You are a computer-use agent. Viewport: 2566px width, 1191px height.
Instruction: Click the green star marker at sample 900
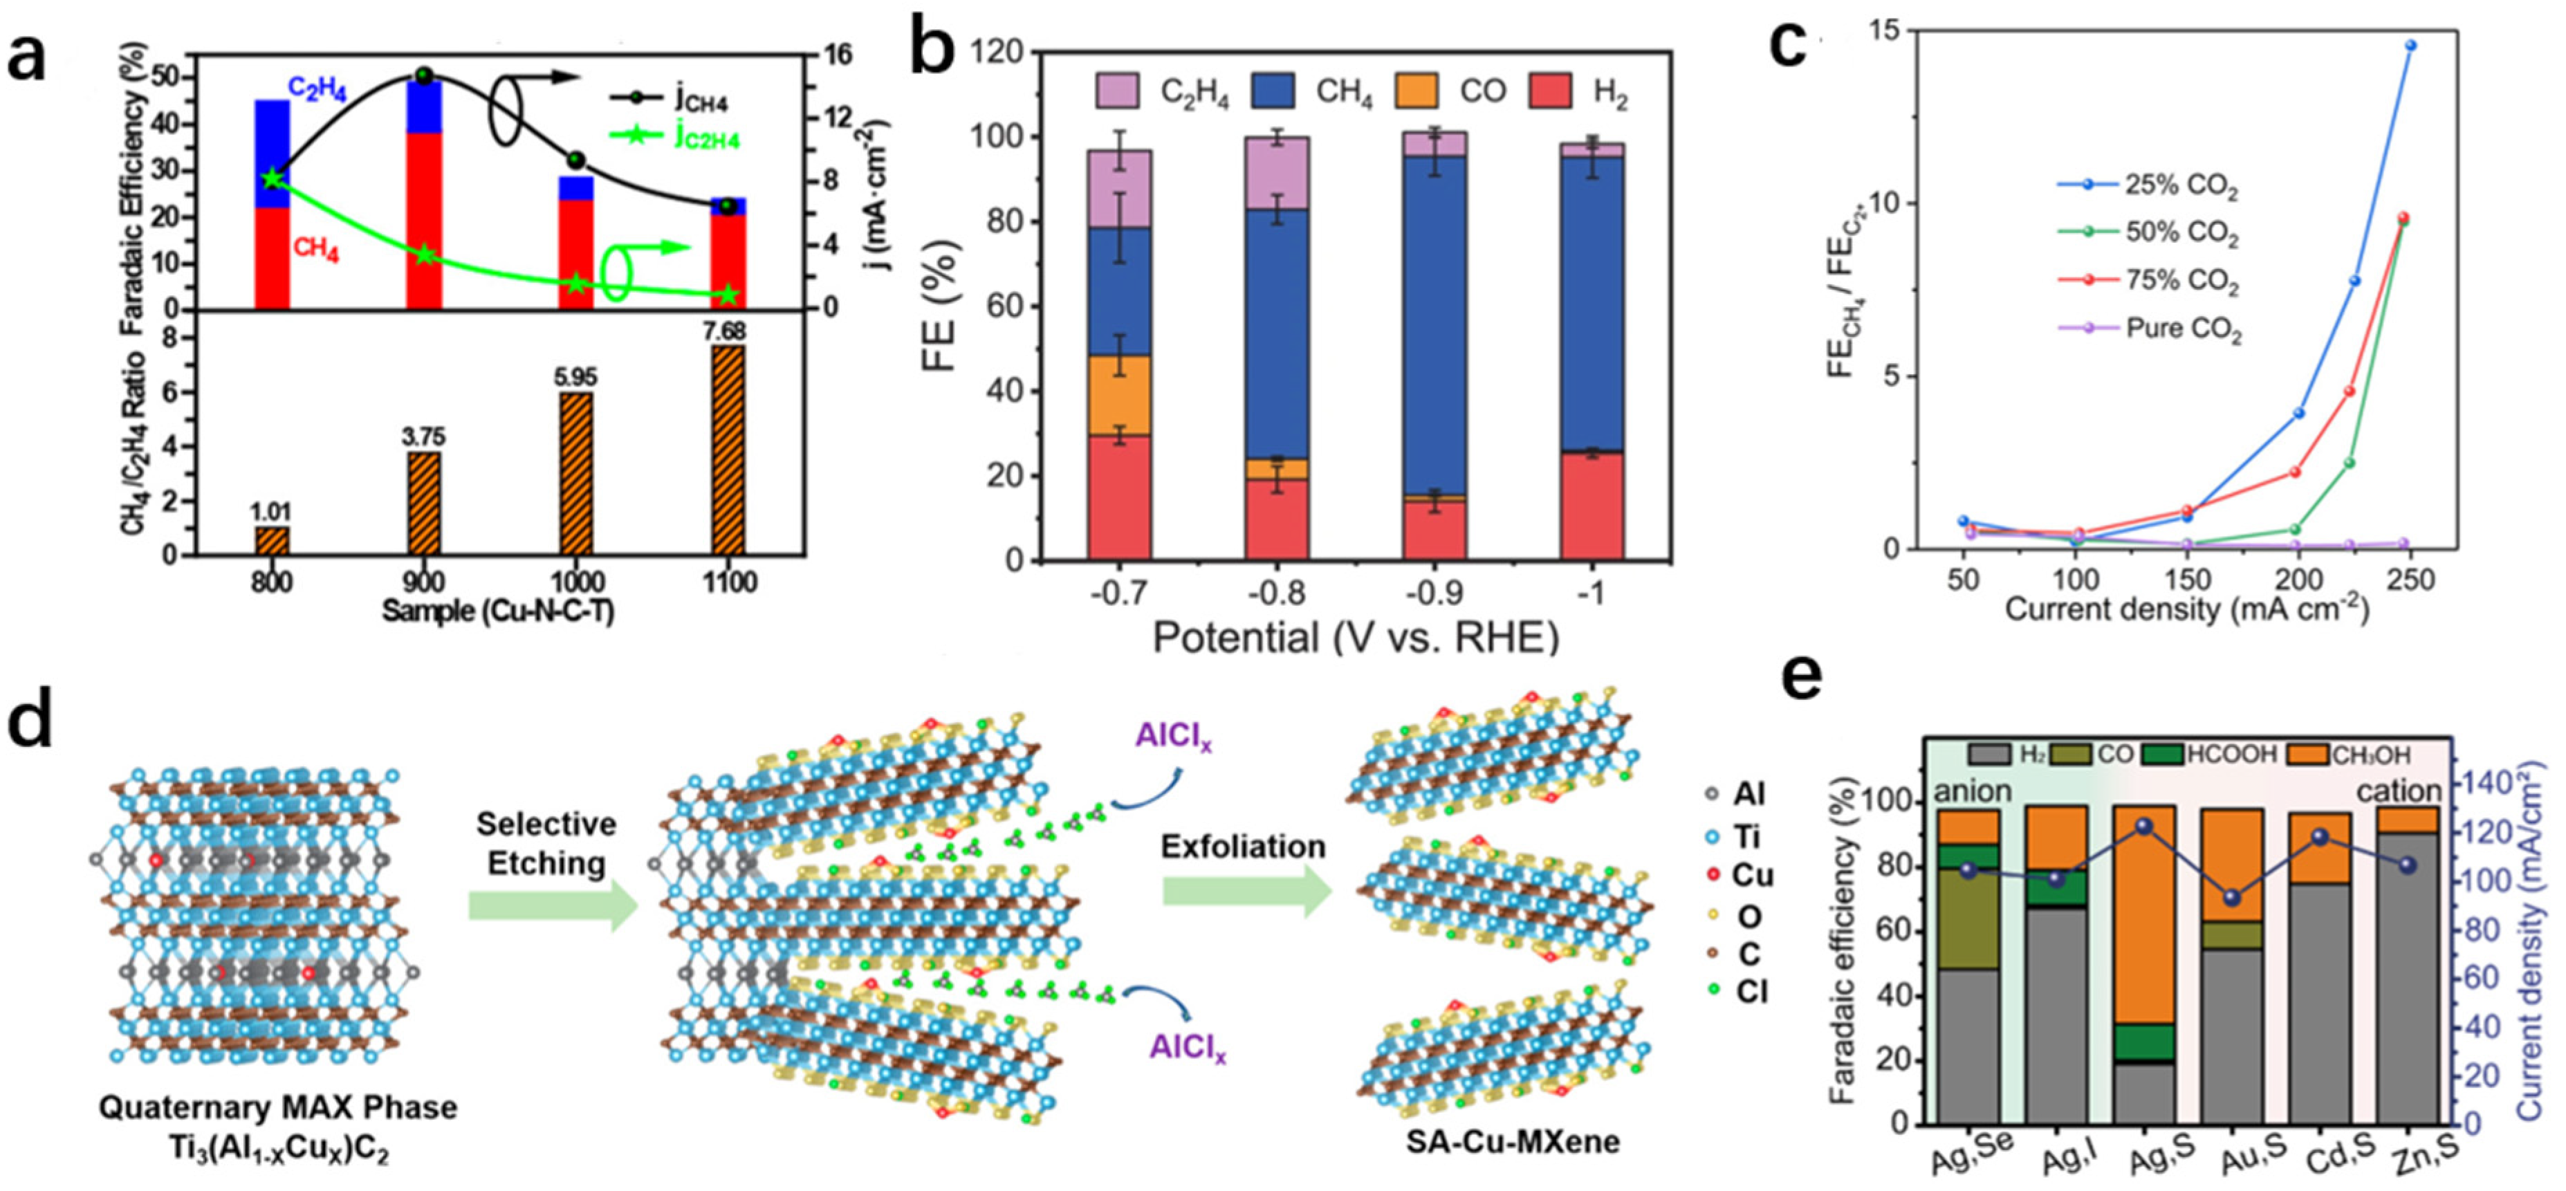pyautogui.click(x=425, y=255)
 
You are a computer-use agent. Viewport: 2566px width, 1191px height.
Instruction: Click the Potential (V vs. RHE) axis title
pyautogui.click(x=1355, y=637)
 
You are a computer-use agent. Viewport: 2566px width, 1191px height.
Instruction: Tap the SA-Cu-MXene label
pyautogui.click(x=1512, y=1141)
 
